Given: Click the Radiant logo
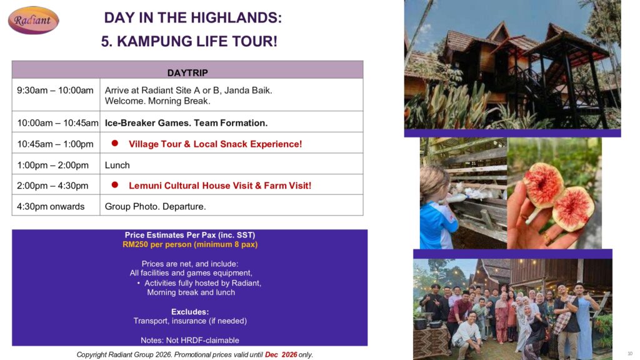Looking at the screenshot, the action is point(34,20).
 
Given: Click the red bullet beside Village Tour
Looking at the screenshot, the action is point(115,143).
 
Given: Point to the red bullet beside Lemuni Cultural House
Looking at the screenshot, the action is point(115,185).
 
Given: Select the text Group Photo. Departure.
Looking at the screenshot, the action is point(155,206).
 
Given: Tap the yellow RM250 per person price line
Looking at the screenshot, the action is point(190,244).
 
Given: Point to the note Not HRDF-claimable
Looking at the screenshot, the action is point(190,341).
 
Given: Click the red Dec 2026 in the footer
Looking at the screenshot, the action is point(281,355).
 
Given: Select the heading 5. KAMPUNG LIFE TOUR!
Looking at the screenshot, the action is point(189,41).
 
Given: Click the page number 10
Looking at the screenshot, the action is point(630,354).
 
